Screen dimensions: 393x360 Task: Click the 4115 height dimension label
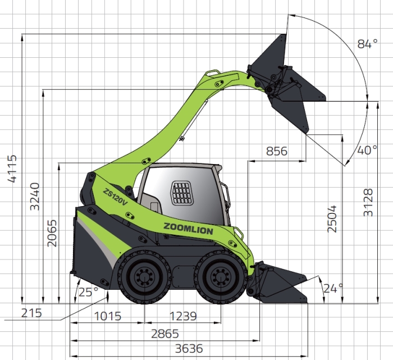click(12, 168)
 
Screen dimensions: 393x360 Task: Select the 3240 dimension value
click(35, 197)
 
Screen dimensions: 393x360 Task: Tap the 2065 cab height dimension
click(52, 233)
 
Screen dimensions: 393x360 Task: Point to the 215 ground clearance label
click(31, 313)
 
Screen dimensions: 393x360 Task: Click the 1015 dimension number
click(108, 316)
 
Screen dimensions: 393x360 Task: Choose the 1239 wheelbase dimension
click(183, 316)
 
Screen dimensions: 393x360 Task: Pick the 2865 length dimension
click(165, 334)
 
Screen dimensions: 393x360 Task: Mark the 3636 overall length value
click(189, 348)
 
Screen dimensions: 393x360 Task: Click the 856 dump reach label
click(276, 151)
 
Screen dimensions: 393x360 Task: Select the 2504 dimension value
click(332, 219)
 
